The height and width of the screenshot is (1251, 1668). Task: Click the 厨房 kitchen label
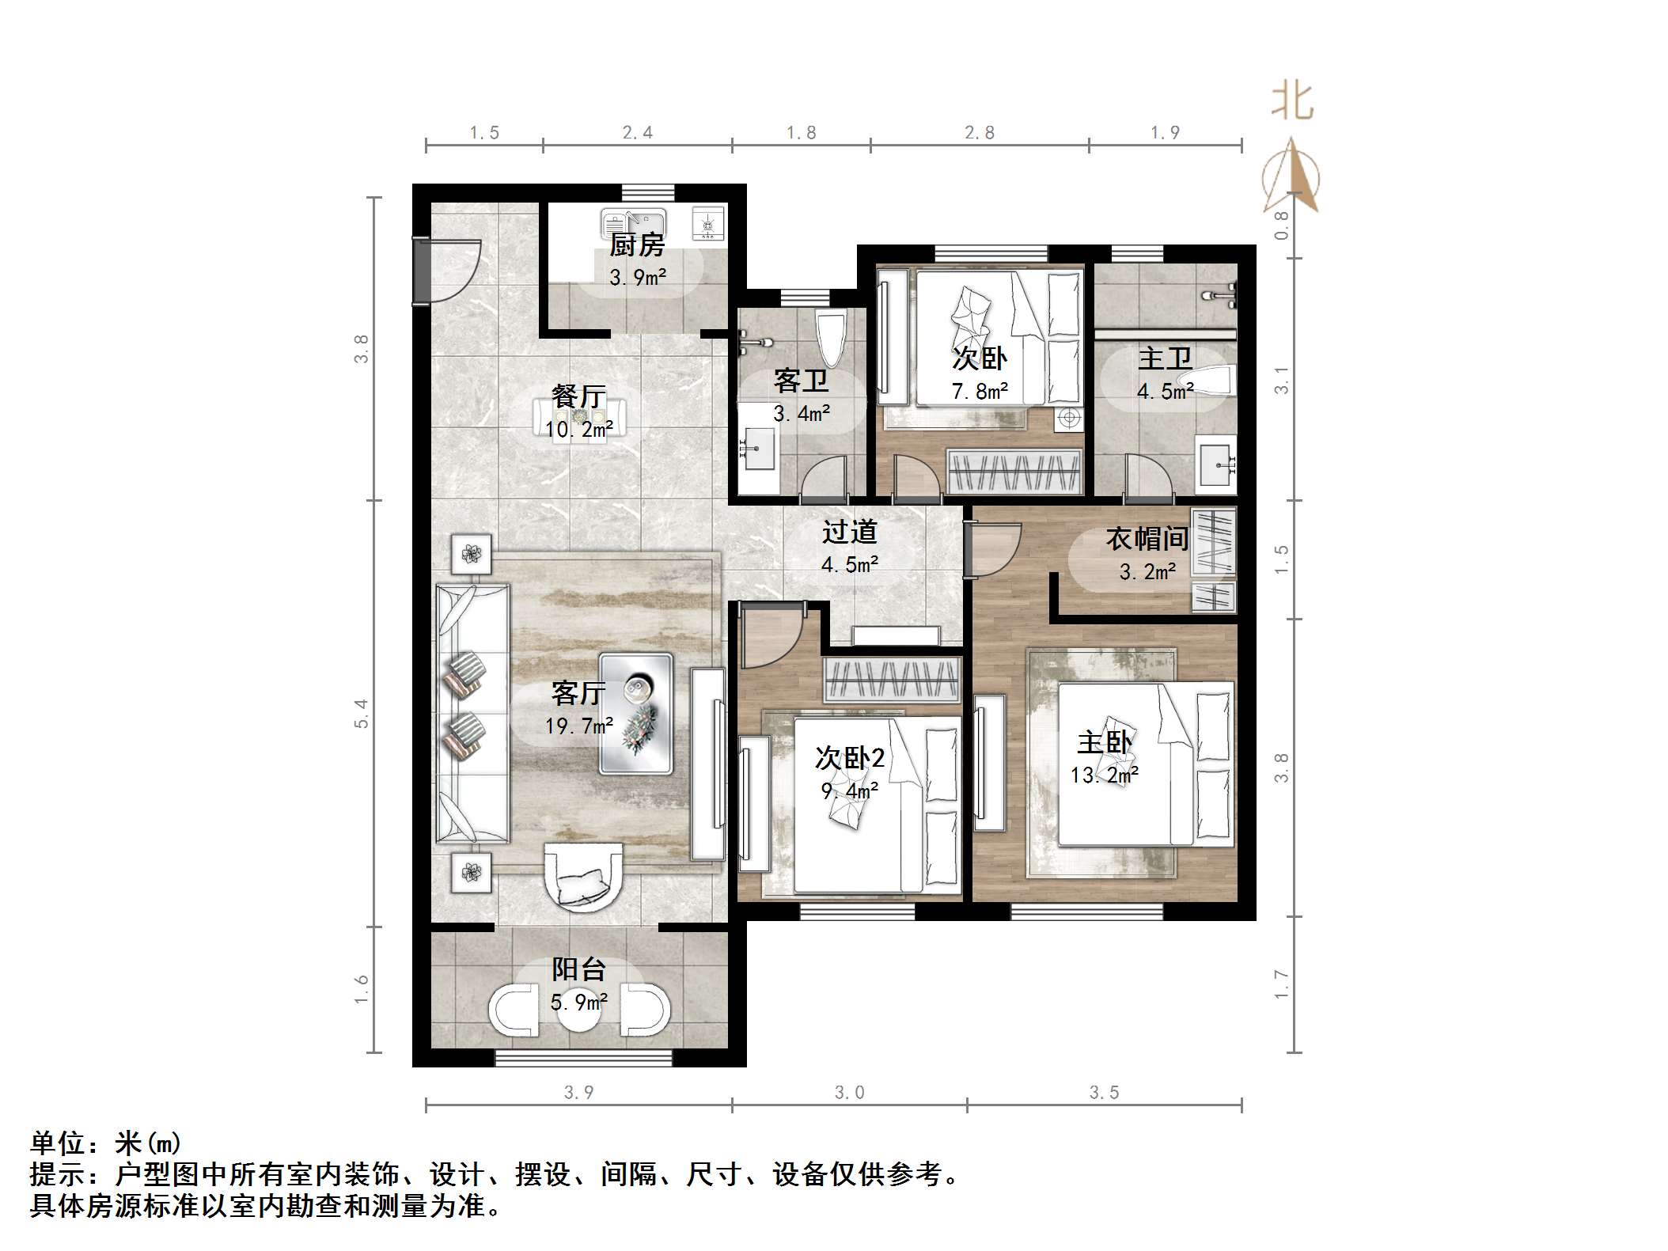pyautogui.click(x=636, y=245)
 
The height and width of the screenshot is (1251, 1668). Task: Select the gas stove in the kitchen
pyautogui.click(x=707, y=223)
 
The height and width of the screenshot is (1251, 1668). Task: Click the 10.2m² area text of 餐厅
pyautogui.click(x=579, y=430)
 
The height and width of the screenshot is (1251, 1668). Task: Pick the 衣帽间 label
pyautogui.click(x=1147, y=539)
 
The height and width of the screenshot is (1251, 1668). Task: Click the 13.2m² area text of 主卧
pyautogui.click(x=1105, y=775)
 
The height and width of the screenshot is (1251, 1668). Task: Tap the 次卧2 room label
pyautogui.click(x=850, y=758)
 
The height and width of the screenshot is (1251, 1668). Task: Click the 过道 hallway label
pyautogui.click(x=850, y=532)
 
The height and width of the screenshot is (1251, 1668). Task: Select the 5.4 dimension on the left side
pyautogui.click(x=362, y=713)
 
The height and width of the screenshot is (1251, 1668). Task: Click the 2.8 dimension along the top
pyautogui.click(x=979, y=133)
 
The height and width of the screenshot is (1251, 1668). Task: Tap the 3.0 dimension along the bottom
pyautogui.click(x=849, y=1093)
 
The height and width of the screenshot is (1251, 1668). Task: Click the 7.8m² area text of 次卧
pyautogui.click(x=980, y=392)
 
